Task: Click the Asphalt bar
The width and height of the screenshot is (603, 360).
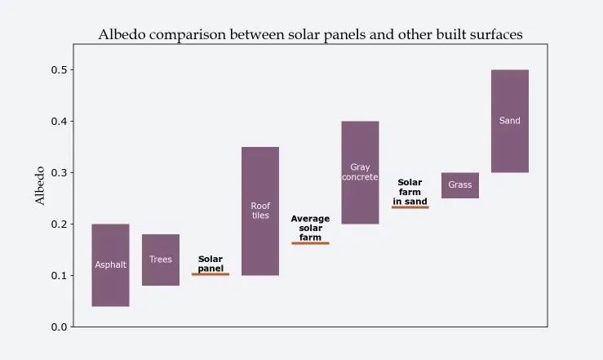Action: tap(110, 265)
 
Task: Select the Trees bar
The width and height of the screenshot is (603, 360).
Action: tap(161, 260)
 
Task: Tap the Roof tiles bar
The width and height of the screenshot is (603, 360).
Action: tap(260, 211)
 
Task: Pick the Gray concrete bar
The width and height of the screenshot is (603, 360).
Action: tap(360, 172)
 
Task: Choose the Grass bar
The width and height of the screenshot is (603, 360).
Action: tap(460, 185)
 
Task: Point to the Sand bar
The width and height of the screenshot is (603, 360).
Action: tap(510, 121)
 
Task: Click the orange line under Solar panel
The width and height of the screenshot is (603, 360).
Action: tap(211, 274)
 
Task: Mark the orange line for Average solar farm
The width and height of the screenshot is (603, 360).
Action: tap(310, 243)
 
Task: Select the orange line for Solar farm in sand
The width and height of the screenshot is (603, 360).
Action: tap(410, 207)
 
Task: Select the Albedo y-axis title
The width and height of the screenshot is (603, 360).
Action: tap(40, 185)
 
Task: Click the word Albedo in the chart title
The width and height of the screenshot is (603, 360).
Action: tap(125, 35)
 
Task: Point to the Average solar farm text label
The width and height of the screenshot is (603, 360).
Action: tap(310, 228)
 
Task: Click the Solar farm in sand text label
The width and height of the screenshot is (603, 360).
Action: tap(410, 192)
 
